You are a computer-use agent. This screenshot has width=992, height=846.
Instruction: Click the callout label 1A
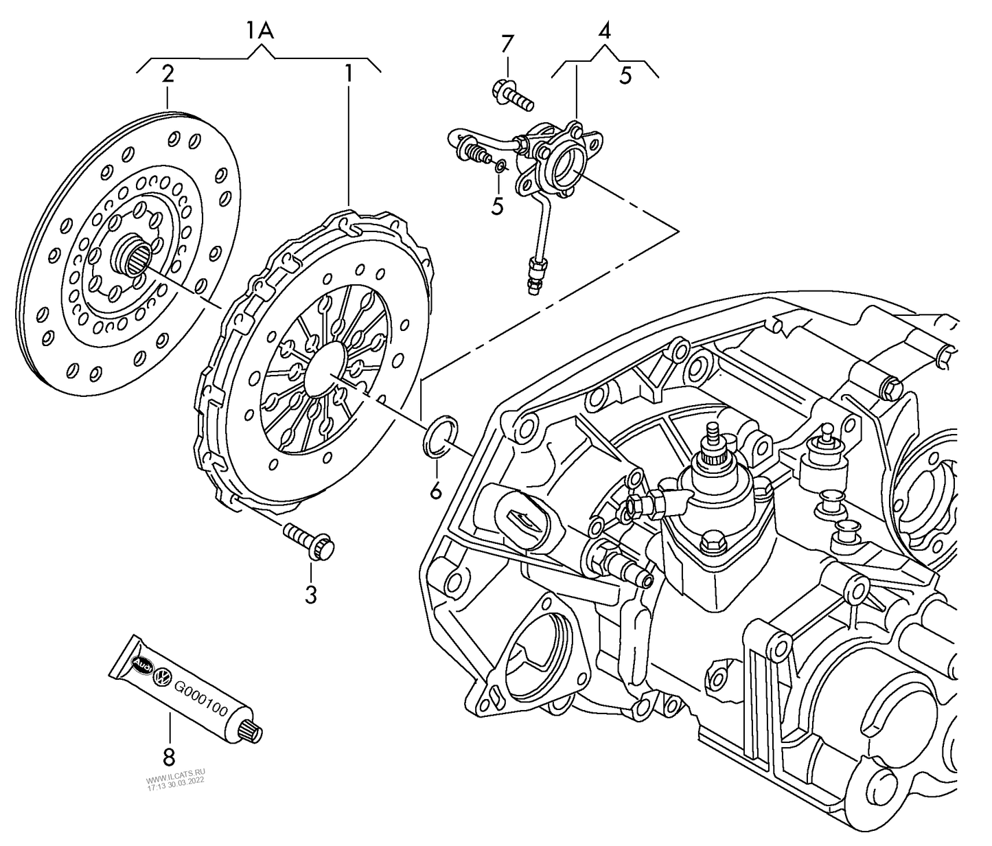point(260,31)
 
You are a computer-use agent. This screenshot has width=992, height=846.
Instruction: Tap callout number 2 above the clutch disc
point(168,74)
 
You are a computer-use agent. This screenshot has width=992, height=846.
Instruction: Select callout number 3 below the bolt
point(311,595)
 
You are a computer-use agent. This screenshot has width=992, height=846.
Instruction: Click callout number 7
point(507,45)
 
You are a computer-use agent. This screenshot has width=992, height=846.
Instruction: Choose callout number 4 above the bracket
point(604,31)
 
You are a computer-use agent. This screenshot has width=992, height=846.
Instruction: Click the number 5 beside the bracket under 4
point(625,76)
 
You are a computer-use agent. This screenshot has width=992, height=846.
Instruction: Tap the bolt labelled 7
point(512,95)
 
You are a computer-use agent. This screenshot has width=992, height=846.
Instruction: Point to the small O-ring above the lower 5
point(501,165)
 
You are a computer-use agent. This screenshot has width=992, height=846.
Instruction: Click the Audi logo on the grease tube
point(141,665)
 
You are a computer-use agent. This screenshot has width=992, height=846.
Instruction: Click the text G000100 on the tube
point(200,699)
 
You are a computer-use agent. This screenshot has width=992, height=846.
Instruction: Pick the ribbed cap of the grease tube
point(252,730)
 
